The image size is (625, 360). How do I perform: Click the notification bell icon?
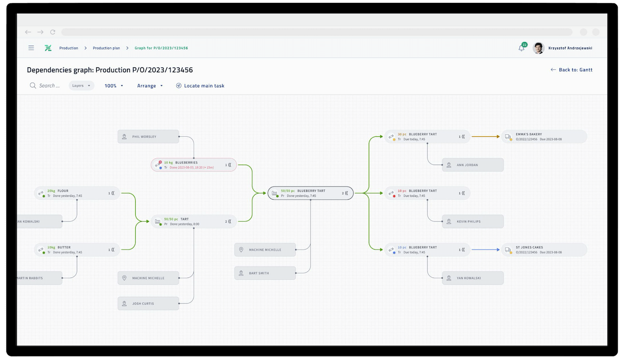(521, 48)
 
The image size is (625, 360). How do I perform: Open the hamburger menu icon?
(31, 48)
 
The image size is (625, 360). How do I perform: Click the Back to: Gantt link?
(571, 70)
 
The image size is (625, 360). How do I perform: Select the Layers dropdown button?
(81, 85)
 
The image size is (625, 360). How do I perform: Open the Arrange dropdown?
(150, 85)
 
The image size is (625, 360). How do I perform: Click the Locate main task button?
(200, 85)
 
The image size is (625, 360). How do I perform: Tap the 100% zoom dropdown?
(114, 85)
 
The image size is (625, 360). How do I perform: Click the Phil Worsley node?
(148, 137)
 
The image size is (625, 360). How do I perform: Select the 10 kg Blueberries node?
(193, 165)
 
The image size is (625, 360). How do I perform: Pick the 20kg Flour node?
(77, 193)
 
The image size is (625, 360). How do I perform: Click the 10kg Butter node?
(77, 250)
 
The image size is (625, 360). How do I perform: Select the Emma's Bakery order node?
(544, 137)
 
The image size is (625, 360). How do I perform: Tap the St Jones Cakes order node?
(544, 250)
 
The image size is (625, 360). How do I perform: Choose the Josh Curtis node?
(148, 304)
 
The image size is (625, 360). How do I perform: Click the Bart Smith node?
(265, 273)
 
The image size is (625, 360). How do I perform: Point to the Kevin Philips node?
(472, 221)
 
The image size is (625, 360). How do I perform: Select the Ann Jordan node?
(472, 165)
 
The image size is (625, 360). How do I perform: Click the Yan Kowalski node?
(472, 278)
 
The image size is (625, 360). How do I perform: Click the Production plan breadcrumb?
(106, 48)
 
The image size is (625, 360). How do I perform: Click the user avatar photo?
(538, 48)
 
